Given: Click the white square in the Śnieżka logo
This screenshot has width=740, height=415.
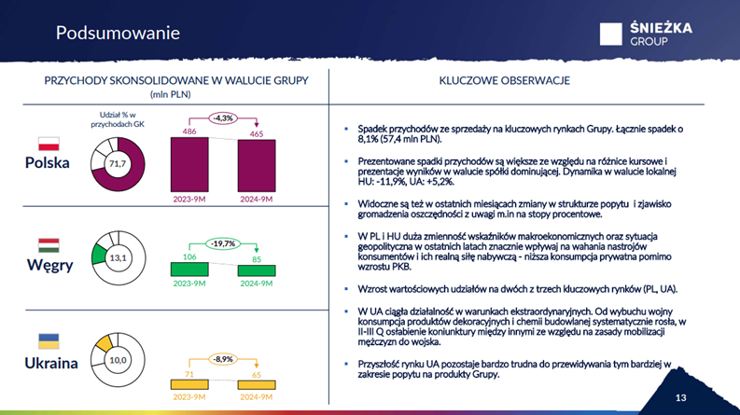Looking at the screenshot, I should pos(610,34).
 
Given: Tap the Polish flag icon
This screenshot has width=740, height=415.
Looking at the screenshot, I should pos(48,143).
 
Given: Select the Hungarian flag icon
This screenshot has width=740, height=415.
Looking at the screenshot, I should pos(48,245).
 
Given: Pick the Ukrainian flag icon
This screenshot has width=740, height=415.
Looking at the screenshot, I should pos(48,341).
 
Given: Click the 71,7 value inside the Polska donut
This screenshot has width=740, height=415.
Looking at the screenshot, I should pos(118,164).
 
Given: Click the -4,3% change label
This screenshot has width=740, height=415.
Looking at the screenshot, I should pos(222,118).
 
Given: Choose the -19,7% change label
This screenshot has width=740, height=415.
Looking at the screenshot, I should pos(223,243).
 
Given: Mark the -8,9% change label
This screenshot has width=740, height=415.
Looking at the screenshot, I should pos(223,358).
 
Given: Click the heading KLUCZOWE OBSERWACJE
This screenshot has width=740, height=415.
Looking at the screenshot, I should pos(504,81).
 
